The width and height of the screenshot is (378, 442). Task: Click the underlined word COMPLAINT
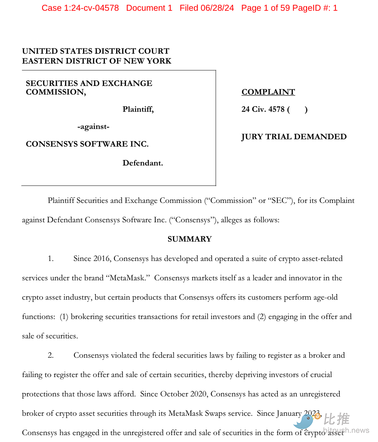tap(268, 92)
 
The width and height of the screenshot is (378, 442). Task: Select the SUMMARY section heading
tap(190, 239)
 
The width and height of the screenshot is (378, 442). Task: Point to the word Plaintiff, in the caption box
tap(138, 109)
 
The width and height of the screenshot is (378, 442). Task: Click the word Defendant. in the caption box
tap(143, 163)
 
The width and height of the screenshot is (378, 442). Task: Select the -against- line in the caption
tap(93, 127)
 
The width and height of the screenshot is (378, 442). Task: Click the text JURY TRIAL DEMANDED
tap(294, 137)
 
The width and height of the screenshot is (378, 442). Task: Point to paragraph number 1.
tap(51, 258)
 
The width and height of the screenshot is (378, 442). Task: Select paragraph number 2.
tap(51, 355)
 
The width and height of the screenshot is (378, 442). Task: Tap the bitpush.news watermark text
tap(346, 430)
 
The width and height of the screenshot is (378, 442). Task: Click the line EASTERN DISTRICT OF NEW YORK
tap(97, 61)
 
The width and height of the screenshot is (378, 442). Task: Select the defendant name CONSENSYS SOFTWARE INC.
tap(87, 144)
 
